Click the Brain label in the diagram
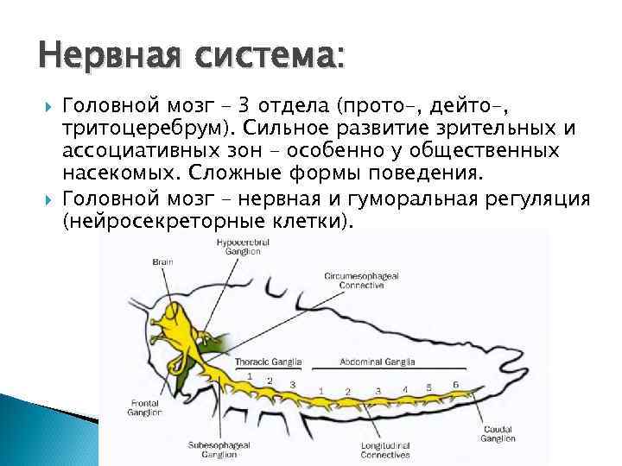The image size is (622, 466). (x=162, y=261)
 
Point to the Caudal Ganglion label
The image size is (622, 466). (x=498, y=433)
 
